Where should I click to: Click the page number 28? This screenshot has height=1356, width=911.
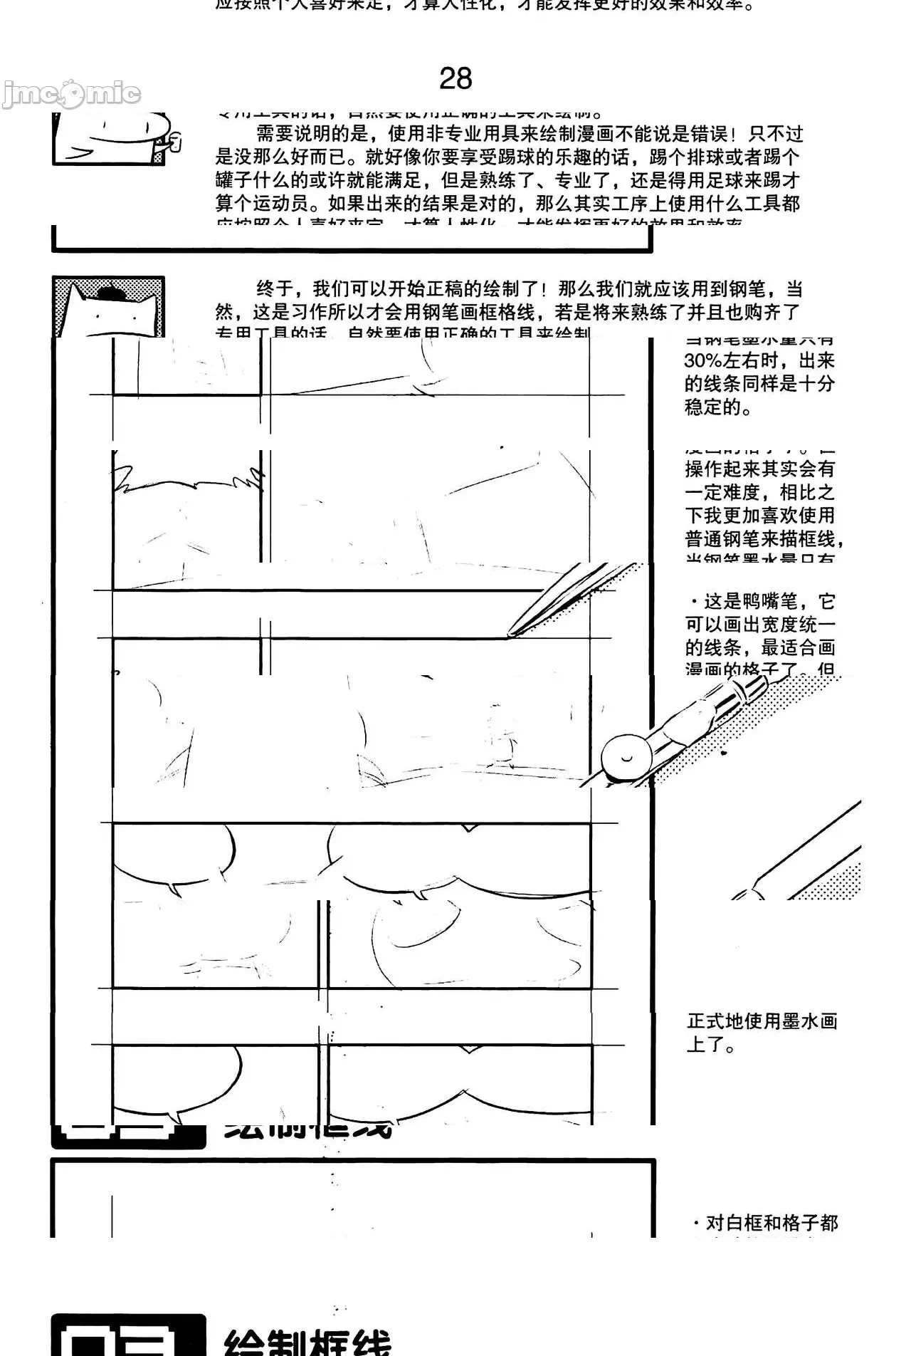click(x=455, y=78)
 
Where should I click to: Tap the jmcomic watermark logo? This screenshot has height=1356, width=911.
click(x=71, y=93)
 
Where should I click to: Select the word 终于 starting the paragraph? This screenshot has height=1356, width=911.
click(x=275, y=289)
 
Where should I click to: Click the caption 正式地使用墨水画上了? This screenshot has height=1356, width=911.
click(x=762, y=1033)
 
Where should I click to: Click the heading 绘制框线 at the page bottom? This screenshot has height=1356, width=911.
click(x=307, y=1342)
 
